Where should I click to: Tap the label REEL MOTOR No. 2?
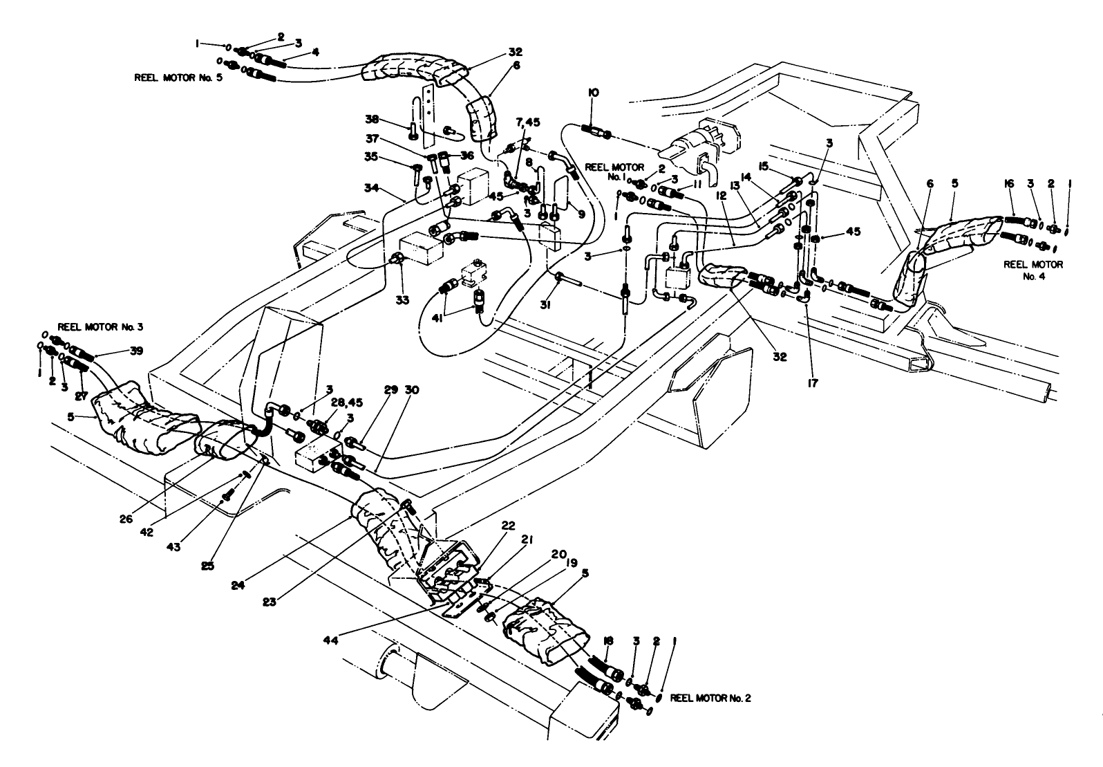710,698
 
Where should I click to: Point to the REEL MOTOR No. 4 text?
1034,270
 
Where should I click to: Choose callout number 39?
136,351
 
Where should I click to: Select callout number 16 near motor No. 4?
1010,183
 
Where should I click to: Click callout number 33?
403,300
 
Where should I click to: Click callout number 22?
508,526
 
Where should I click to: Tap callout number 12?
721,196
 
